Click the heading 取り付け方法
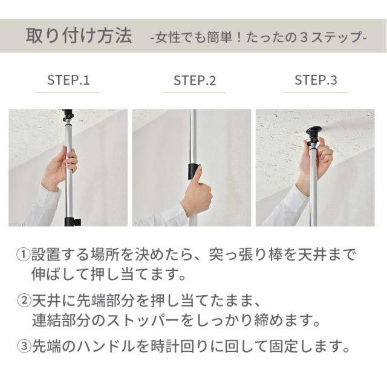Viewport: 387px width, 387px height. [79, 36]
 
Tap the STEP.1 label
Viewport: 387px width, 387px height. [68, 80]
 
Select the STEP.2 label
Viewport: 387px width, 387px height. [195, 80]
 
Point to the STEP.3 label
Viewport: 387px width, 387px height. [316, 80]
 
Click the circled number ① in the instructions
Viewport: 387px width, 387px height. [23, 255]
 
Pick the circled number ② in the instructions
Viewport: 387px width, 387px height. [24, 301]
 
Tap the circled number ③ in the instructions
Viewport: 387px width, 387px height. [24, 346]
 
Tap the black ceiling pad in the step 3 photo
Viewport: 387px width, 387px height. [313, 131]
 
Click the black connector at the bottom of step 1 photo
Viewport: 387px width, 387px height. [71, 222]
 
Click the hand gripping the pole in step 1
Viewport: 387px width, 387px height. [59, 169]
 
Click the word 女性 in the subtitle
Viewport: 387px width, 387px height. [167, 37]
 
